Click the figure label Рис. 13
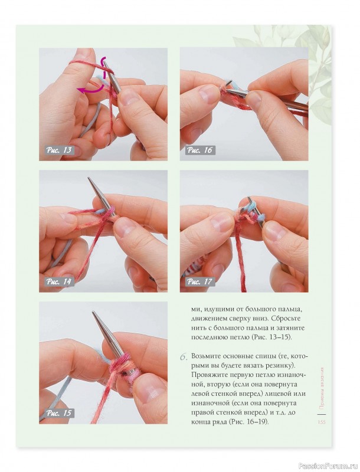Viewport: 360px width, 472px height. (x=59, y=150)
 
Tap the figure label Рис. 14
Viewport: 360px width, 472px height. (x=59, y=281)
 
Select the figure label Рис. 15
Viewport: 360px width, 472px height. (x=59, y=413)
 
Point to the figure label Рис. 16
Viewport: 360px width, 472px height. (x=200, y=150)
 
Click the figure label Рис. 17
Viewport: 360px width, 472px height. (x=200, y=281)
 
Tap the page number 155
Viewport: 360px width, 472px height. (x=322, y=422)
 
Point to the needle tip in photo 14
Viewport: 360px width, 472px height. (x=89, y=178)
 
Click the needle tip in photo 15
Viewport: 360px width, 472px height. (x=94, y=313)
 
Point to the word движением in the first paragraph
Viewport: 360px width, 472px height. (x=206, y=319)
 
